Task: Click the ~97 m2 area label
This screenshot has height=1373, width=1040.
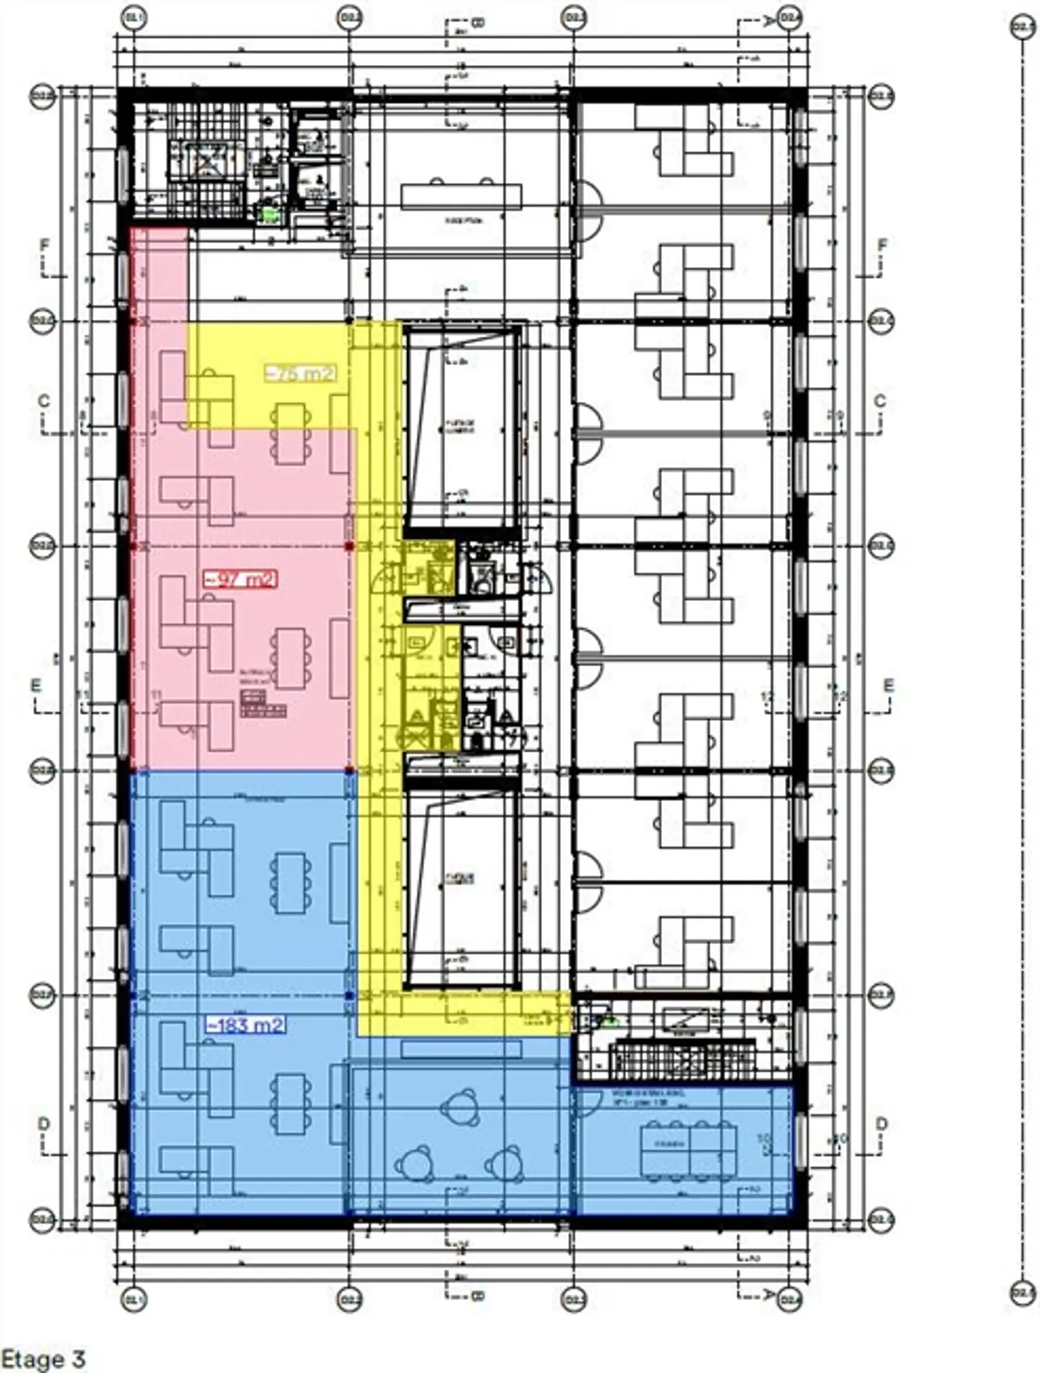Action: (x=240, y=579)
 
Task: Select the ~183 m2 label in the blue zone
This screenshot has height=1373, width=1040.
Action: (x=246, y=1025)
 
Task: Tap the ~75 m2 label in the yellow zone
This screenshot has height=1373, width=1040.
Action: (x=301, y=373)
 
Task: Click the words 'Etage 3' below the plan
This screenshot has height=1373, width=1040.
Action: (x=43, y=1359)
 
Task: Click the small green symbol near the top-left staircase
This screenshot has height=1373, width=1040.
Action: (x=270, y=213)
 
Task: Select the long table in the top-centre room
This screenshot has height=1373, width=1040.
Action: (x=461, y=196)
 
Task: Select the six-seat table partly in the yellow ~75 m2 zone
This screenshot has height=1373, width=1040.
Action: (x=291, y=433)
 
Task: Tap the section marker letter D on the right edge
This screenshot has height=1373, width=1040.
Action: (x=881, y=1125)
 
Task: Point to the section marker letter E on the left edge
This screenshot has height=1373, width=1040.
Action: (x=36, y=685)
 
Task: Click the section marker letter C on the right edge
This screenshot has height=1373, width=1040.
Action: (x=880, y=402)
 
